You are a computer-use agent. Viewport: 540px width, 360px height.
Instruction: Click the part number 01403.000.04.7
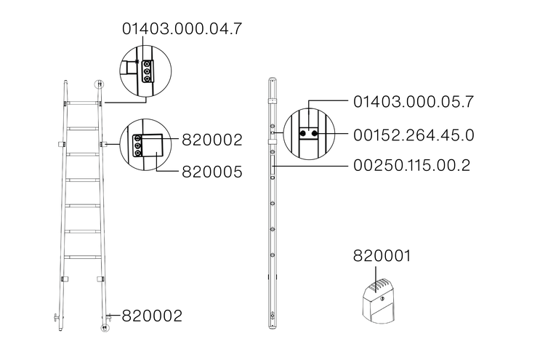click(x=182, y=28)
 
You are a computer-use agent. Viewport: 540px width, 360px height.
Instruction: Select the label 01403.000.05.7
click(x=414, y=102)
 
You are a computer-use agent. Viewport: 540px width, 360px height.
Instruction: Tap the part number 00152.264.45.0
click(x=414, y=135)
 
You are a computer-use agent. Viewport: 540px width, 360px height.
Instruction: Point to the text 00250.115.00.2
click(x=411, y=165)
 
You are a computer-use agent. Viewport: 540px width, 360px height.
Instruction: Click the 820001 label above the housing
click(x=382, y=256)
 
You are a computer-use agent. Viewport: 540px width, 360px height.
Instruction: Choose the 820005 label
click(x=212, y=172)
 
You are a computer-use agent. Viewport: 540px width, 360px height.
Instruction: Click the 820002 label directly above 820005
click(x=212, y=140)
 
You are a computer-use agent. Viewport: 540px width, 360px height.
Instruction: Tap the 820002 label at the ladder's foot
click(x=152, y=316)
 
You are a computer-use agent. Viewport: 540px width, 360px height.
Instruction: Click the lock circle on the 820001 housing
click(x=382, y=298)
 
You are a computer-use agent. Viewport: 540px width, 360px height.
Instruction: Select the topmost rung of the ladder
click(x=82, y=103)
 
